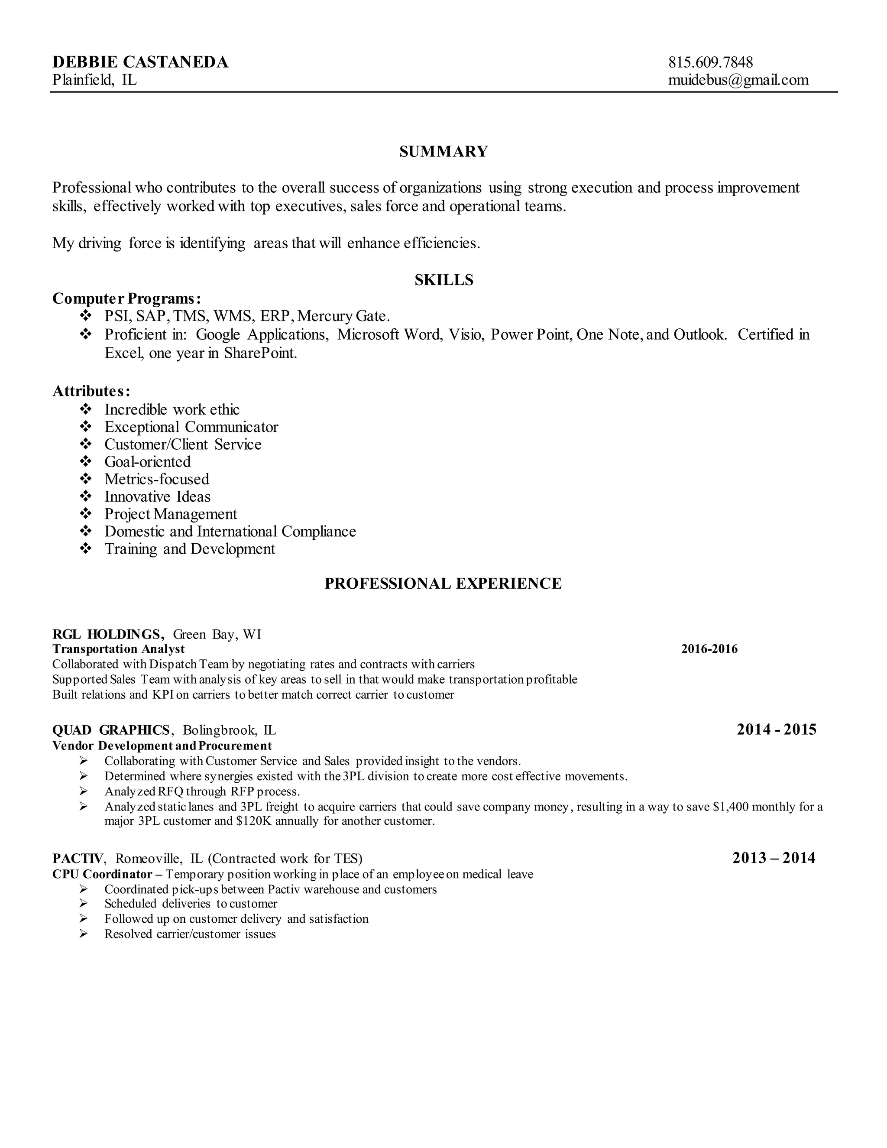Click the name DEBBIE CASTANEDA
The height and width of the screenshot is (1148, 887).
[x=140, y=62]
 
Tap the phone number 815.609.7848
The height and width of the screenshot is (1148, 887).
[x=710, y=62]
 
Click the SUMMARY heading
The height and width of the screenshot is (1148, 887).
[x=443, y=151]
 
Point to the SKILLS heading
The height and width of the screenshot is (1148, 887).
[x=443, y=280]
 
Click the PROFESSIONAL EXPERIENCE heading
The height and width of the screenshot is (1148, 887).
[x=443, y=584]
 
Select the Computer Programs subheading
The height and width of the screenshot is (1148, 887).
[x=126, y=298]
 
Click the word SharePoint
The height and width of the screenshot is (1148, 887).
[x=261, y=353]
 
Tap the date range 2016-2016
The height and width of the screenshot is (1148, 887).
[x=709, y=649]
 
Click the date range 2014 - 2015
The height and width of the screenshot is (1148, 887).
[x=777, y=730]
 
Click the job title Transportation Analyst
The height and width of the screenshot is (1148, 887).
[x=119, y=649]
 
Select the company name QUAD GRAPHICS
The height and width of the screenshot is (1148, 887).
[x=111, y=730]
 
